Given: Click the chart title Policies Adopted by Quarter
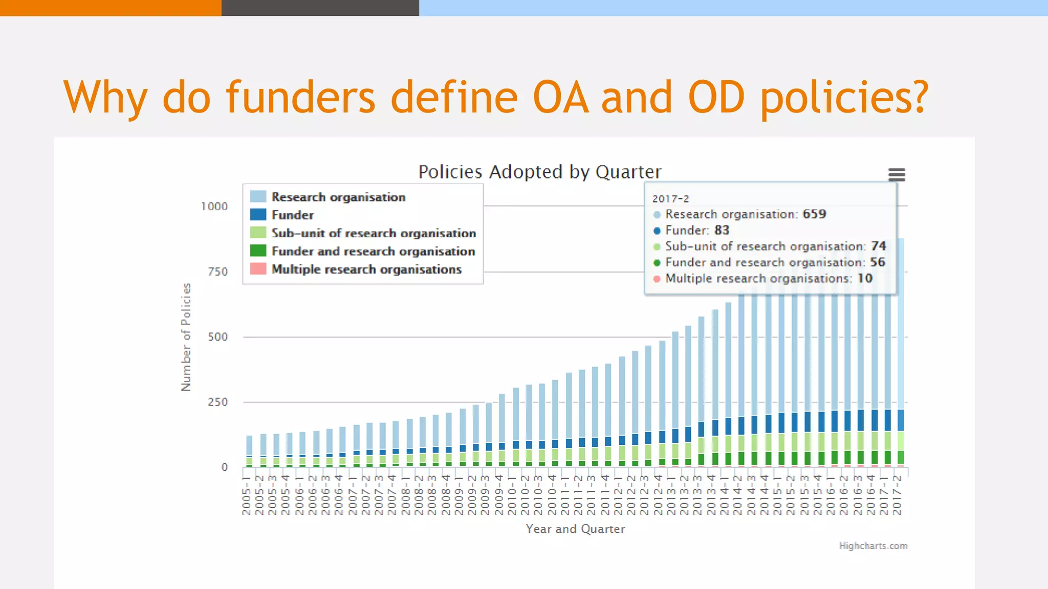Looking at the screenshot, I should (540, 172).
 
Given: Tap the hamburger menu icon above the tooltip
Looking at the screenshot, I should (897, 175).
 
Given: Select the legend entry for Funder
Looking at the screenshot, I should (292, 215).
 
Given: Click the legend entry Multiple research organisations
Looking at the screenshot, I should (366, 269).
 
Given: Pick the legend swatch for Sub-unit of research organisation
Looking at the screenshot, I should (258, 233).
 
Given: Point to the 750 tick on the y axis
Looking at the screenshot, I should (218, 272).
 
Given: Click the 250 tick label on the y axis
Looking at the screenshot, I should (218, 402).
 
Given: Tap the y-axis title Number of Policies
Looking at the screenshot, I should (186, 337).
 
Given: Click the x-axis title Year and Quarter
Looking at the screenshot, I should (575, 529).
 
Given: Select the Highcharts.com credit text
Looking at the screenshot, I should (872, 546).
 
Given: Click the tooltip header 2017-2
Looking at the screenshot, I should (670, 199).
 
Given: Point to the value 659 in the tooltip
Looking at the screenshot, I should (814, 214).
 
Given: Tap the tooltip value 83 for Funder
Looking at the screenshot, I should (722, 231).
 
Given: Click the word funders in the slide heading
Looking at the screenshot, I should (301, 97).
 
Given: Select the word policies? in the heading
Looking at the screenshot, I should (844, 97).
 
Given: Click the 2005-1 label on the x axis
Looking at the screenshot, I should (247, 495).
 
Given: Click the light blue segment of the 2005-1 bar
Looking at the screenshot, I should (249, 445).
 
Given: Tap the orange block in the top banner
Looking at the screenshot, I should (111, 8).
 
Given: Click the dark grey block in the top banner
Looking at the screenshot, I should (320, 8).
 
